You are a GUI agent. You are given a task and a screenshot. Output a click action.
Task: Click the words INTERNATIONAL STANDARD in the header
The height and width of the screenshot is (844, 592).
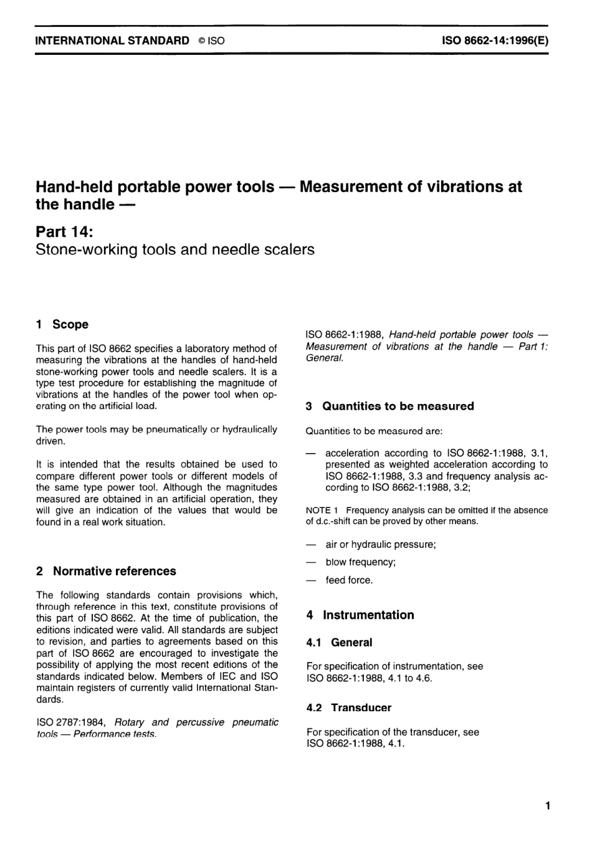click(x=113, y=41)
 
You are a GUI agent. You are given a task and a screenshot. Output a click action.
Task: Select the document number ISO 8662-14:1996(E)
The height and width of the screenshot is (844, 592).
click(x=495, y=41)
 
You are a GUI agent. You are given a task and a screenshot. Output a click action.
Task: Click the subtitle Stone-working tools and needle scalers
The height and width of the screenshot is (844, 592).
click(x=175, y=250)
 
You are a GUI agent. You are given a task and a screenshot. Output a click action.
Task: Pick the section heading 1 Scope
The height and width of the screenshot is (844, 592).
click(x=62, y=324)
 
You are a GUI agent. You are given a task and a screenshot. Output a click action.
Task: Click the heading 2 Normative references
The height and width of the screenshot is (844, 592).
click(x=106, y=571)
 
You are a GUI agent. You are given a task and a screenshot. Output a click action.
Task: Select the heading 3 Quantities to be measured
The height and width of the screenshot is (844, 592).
click(x=390, y=406)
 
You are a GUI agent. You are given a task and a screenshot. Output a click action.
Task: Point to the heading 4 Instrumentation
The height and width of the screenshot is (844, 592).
click(x=360, y=615)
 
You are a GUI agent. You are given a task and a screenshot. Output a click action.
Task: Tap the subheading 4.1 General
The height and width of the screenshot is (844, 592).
click(x=340, y=643)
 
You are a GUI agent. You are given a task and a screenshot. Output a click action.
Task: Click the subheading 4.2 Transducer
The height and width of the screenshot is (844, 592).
click(x=349, y=708)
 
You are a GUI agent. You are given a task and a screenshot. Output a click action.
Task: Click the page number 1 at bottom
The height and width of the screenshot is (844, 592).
click(x=547, y=807)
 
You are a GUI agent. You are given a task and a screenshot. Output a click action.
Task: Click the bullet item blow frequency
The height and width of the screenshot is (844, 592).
click(x=360, y=562)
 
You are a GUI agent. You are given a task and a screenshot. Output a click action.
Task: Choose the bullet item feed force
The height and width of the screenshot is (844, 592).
click(x=349, y=580)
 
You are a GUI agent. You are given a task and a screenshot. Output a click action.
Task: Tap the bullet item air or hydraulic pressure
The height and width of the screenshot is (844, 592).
click(x=380, y=544)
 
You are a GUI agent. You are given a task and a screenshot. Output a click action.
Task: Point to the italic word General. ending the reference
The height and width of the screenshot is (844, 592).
click(x=325, y=358)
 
